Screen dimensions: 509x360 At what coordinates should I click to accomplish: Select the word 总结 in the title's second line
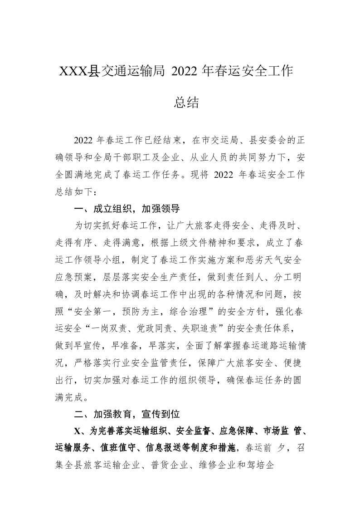point(186,103)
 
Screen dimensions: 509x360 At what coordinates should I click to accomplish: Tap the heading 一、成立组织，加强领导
point(127,209)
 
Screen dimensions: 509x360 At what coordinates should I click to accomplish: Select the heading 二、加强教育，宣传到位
point(127,414)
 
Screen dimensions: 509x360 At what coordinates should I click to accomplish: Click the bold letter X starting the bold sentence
point(77,431)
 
